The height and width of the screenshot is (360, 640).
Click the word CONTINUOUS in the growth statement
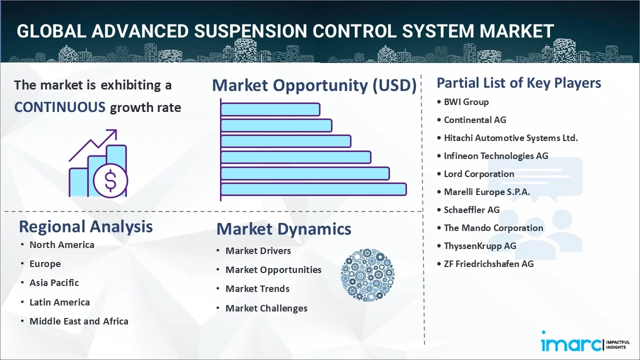[x=60, y=107]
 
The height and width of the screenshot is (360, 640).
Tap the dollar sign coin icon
[x=110, y=180]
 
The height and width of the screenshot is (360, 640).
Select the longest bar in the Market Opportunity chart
[x=313, y=189]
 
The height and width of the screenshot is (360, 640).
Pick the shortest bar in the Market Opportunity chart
[x=270, y=109]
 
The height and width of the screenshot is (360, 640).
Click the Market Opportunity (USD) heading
[x=314, y=85]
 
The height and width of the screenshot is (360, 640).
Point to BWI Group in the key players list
[x=466, y=102]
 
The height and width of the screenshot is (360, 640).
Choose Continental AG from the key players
[x=475, y=120]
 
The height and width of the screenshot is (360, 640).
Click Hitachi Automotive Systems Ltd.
[x=511, y=138]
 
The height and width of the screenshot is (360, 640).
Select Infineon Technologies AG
[x=496, y=156]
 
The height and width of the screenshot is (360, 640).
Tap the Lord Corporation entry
[x=479, y=174]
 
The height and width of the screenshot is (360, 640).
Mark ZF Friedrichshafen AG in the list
[x=488, y=264]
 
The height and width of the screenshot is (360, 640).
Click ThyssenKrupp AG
[x=480, y=246]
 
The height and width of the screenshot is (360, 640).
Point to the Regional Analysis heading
[x=85, y=227]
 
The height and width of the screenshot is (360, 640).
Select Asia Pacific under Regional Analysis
[x=54, y=283]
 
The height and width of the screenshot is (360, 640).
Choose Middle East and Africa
[x=79, y=321]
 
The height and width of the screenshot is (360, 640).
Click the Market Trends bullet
[x=257, y=289]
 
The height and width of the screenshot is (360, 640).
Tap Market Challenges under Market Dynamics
[x=266, y=308]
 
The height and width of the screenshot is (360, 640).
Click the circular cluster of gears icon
[x=367, y=275]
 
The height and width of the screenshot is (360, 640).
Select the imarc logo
[x=585, y=341]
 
